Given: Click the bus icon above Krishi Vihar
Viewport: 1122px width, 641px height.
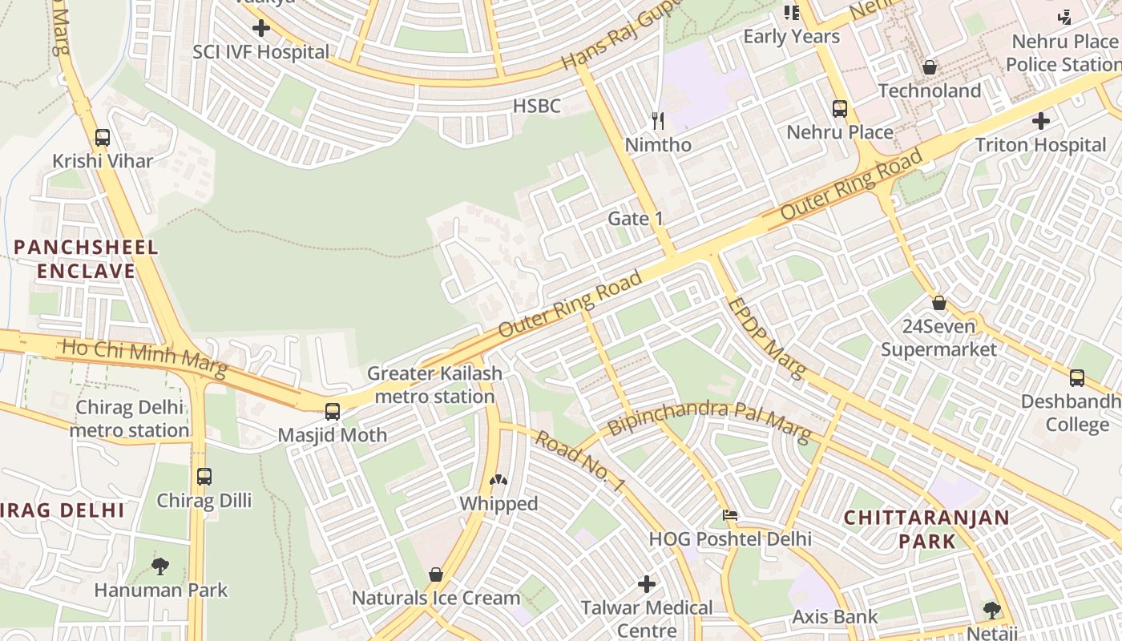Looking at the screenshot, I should (x=103, y=137).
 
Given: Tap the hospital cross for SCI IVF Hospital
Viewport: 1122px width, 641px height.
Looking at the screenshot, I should (x=260, y=29).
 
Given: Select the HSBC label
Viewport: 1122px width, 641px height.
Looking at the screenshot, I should (x=536, y=106).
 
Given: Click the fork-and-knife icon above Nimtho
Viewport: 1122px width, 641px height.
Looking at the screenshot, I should (x=658, y=121).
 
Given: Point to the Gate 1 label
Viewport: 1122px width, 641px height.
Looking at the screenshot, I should (x=636, y=219).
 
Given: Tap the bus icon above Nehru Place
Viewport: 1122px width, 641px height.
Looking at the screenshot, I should (x=840, y=108).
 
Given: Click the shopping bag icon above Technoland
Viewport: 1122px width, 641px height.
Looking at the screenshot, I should (x=930, y=67).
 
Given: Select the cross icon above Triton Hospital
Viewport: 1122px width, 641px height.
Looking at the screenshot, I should (x=1041, y=121).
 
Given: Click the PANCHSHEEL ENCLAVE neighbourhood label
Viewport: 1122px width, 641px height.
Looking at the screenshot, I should (x=86, y=259).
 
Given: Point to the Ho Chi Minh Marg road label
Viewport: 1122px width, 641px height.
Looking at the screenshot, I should (x=144, y=358).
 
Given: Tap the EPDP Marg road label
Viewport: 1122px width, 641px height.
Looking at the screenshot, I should (x=765, y=337).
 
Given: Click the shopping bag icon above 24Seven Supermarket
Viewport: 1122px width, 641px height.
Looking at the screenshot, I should (x=939, y=303).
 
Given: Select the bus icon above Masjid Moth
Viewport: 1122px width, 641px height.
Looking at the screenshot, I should (x=333, y=412).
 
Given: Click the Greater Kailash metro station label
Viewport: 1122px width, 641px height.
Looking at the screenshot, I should (x=434, y=385).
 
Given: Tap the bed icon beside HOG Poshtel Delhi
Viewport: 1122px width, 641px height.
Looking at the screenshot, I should (x=729, y=515).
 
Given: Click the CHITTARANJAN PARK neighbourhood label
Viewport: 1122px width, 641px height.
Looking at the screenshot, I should (x=926, y=529).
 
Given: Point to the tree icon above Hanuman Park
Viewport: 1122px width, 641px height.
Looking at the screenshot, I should (x=160, y=566).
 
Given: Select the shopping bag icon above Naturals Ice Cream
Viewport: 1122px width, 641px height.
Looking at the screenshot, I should (x=436, y=574).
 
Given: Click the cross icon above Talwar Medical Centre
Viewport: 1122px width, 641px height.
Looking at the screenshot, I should (x=647, y=584).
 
